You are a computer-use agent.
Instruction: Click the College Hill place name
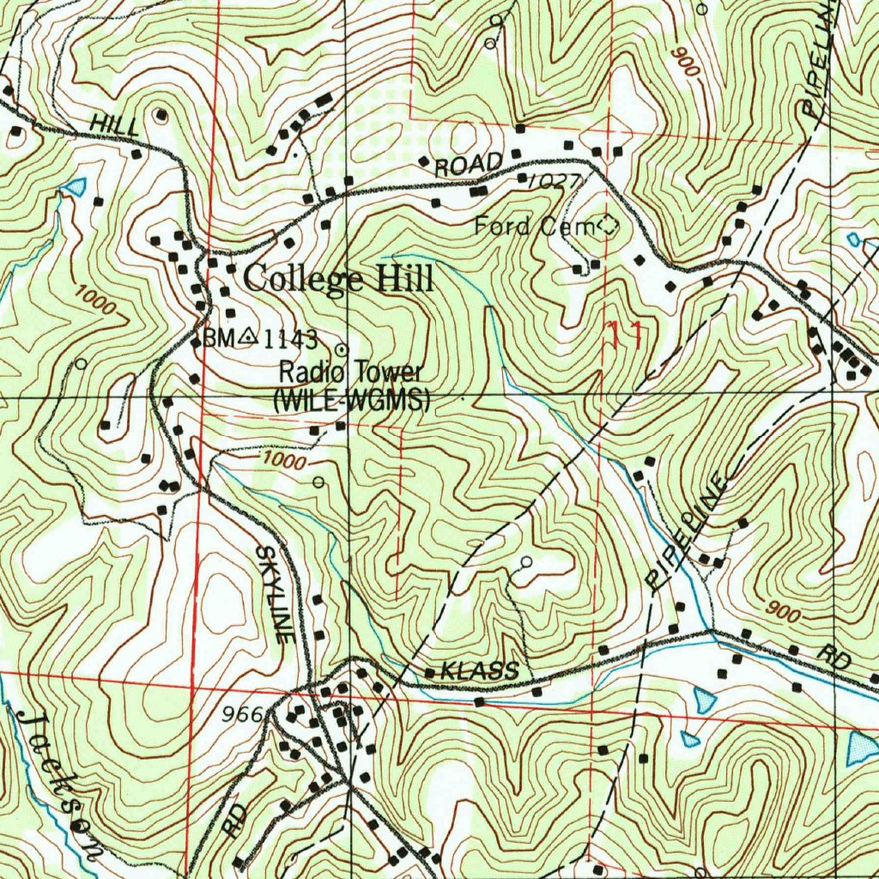[338, 279]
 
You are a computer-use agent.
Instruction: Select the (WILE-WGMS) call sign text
[351, 399]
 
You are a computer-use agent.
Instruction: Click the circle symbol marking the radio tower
[342, 349]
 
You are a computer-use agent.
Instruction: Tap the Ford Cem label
[534, 227]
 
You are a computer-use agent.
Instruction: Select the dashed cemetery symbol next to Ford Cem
[608, 226]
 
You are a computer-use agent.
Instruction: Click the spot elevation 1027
[555, 181]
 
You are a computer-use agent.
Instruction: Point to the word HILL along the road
[115, 124]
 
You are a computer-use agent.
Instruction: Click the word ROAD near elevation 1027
[468, 164]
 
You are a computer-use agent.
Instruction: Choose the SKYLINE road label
[275, 592]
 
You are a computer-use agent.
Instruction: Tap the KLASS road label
[479, 670]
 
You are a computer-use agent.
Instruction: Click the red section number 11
[626, 334]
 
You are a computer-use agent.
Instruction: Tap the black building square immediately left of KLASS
[429, 671]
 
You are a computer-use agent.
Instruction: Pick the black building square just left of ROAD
[423, 161]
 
